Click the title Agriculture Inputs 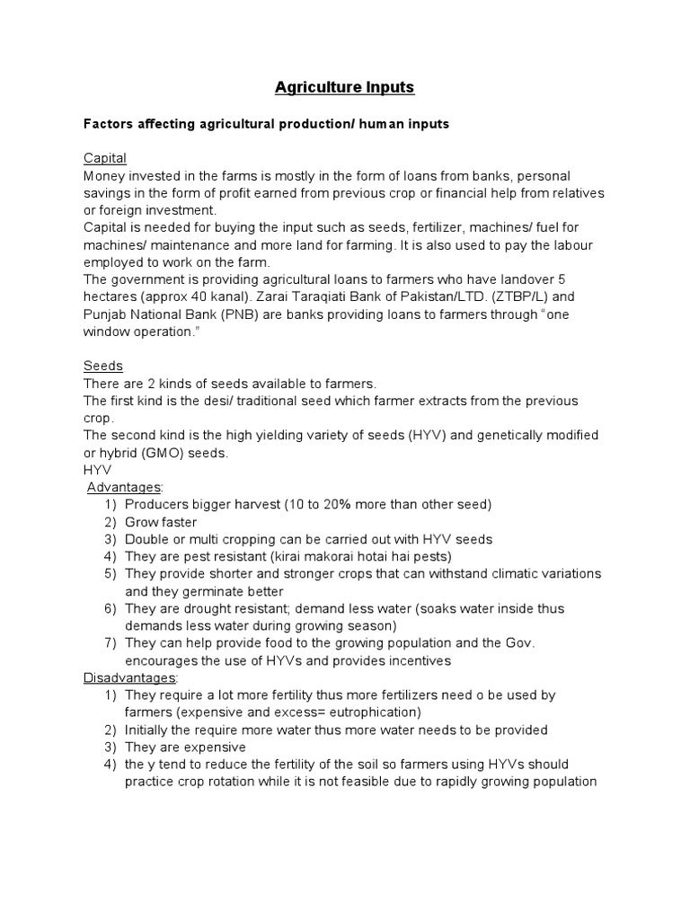tap(344, 88)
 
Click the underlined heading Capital tap(105, 158)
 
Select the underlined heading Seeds tap(103, 366)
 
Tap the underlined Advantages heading tap(124, 487)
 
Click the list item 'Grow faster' tap(161, 522)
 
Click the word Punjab tap(105, 314)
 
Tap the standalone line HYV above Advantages tap(97, 470)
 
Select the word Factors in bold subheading tap(110, 124)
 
